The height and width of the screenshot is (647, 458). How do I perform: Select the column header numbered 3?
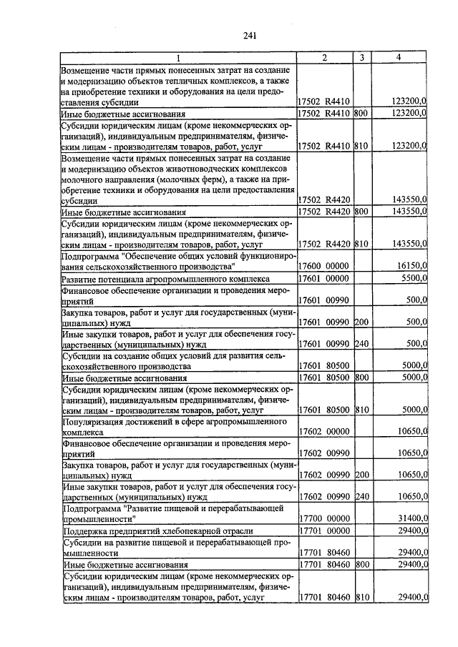(362, 58)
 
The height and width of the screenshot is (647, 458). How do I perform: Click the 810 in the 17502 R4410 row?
(361, 145)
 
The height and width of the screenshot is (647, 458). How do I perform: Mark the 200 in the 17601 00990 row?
(361, 322)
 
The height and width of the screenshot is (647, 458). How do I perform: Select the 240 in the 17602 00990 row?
(361, 496)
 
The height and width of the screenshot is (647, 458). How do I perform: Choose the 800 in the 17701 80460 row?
(361, 564)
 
